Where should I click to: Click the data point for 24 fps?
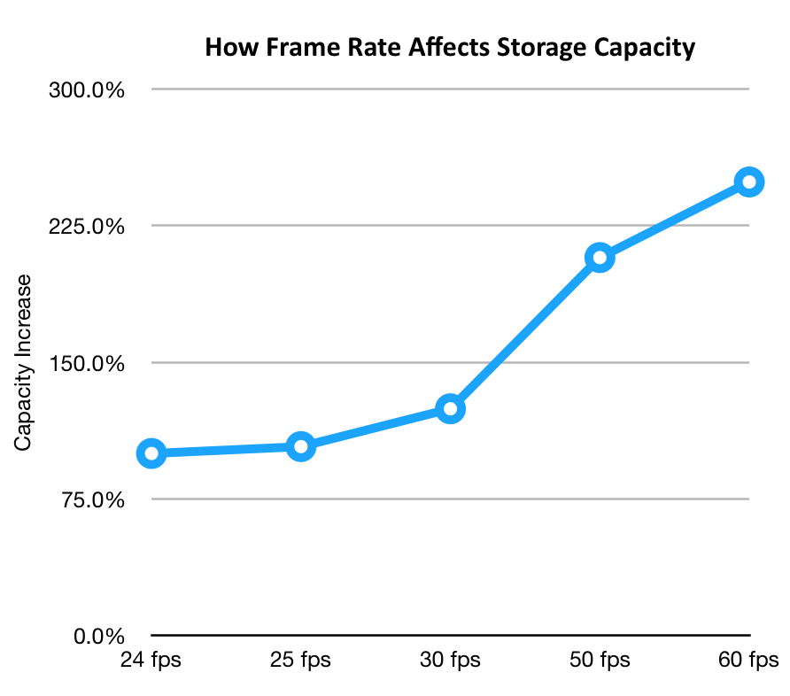151,453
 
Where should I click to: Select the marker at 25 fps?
301,446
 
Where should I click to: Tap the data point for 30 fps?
451,408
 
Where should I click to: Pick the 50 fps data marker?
600,258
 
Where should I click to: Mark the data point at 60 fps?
749,182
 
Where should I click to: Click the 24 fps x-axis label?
151,661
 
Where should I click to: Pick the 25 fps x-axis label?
301,661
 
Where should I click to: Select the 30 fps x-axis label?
451,661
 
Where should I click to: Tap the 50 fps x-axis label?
600,661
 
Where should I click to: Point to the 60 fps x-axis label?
749,661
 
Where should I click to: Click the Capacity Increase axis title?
23,362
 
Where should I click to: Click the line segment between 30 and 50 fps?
525,333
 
